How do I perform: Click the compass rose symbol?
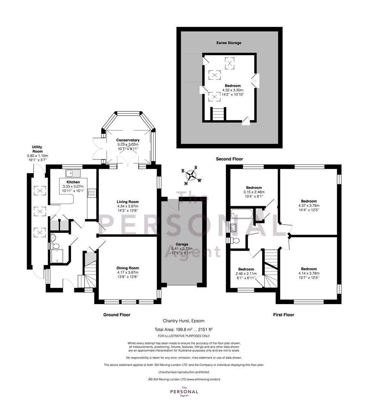coord(192,175)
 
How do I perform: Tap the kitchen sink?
coord(73,173)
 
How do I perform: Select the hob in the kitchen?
coord(92,193)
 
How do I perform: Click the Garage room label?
coord(182,244)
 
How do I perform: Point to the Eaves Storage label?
coord(229,43)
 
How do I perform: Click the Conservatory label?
coord(128,140)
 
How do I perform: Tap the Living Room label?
coord(128,202)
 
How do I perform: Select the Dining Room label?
coord(128,268)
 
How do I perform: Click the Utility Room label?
coord(37,149)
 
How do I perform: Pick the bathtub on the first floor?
coord(242,214)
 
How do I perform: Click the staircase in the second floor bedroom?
coord(219,114)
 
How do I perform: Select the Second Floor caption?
coord(229,159)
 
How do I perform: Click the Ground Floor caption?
coord(117,315)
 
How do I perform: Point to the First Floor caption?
coord(283,315)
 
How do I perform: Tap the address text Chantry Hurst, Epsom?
coord(184,321)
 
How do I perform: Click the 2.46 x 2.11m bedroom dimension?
coord(246,274)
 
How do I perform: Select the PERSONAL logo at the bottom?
coord(184,392)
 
